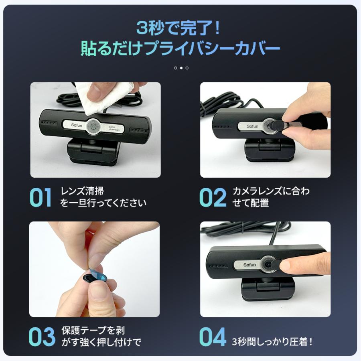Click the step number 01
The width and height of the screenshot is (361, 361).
point(41,197)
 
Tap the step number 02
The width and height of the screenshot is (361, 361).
point(213,197)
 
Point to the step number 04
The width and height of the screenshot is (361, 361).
point(213,337)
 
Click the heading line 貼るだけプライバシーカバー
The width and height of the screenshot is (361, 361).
point(180,49)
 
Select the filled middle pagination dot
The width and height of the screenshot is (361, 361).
point(181,68)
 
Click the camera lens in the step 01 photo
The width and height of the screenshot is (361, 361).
point(93,126)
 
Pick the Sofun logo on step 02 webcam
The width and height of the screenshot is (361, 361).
point(252,126)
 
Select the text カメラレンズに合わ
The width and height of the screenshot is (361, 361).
point(271,191)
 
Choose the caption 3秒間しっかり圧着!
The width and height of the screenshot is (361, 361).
point(272,342)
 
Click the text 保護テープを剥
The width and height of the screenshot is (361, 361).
point(93,331)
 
